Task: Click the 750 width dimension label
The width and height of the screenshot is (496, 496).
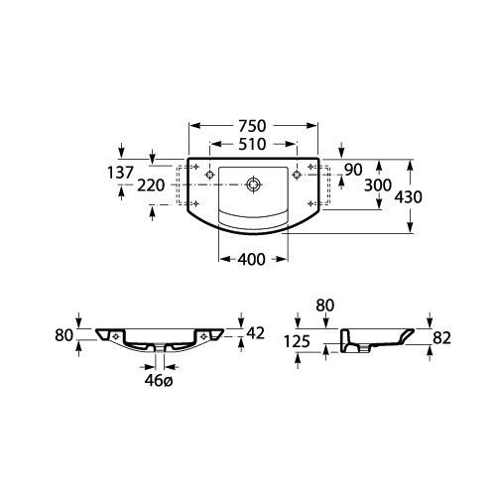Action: [252, 126]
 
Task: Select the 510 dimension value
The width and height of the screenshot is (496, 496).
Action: [252, 144]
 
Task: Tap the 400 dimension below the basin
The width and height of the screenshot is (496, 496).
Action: [251, 259]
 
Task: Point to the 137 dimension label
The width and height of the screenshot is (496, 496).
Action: [121, 173]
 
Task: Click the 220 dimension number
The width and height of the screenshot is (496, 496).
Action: [151, 186]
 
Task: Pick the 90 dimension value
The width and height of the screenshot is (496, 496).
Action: [353, 170]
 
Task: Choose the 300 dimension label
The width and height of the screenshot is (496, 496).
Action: [378, 186]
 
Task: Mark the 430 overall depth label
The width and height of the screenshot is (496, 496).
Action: [409, 197]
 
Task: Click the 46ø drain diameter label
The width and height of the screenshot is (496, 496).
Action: [159, 381]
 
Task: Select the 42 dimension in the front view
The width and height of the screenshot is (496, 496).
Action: [256, 333]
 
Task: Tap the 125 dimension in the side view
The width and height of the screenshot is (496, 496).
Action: [297, 341]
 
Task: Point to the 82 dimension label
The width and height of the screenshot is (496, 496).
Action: [442, 338]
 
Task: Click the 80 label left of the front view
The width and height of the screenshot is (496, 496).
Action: [63, 335]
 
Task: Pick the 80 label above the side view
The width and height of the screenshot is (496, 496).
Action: [325, 306]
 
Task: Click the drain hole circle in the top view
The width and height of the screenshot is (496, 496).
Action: [254, 185]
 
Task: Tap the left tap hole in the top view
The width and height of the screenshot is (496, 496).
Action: [209, 175]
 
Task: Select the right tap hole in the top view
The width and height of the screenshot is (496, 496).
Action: [297, 174]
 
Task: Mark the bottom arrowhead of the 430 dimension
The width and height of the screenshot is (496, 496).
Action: [410, 227]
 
